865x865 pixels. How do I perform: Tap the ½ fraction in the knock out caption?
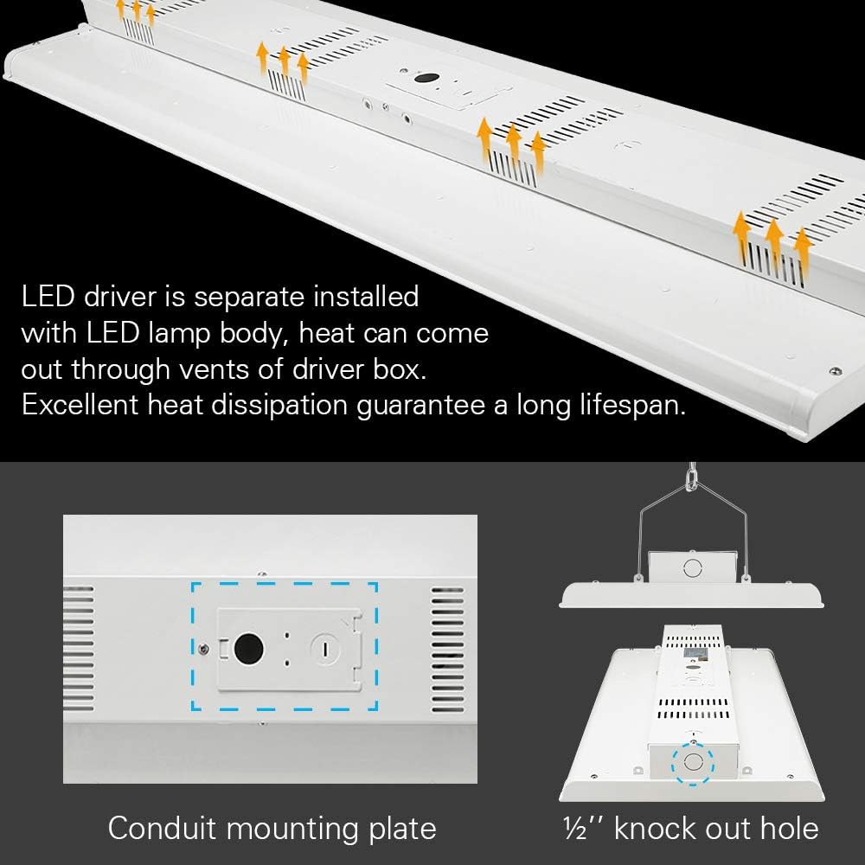click(572, 828)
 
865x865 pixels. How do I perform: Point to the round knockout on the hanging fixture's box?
click(691, 568)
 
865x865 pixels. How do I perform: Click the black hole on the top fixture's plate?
click(426, 78)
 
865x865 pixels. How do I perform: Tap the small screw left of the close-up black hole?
click(203, 647)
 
